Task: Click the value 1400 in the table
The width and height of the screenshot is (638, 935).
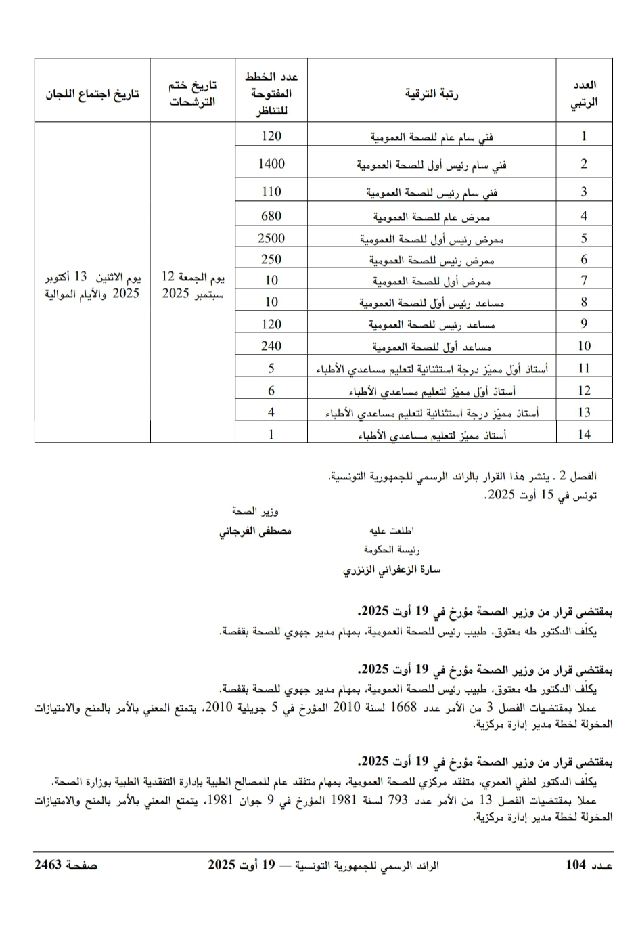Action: tap(271, 164)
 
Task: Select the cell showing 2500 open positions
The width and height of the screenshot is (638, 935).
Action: tap(271, 238)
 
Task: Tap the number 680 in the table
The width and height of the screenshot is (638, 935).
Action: tap(271, 216)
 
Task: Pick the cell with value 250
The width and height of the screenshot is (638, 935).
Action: tap(271, 259)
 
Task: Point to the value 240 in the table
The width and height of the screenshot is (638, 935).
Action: tap(271, 346)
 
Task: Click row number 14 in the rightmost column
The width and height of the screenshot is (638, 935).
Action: tap(584, 434)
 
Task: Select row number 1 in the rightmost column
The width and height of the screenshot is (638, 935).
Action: tap(584, 136)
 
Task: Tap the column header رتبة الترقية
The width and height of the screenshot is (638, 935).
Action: tap(432, 93)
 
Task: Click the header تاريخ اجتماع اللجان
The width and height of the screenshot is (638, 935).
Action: tap(92, 93)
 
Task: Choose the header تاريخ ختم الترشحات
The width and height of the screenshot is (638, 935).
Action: tap(193, 93)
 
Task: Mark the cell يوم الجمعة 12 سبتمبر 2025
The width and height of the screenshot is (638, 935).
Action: tap(193, 285)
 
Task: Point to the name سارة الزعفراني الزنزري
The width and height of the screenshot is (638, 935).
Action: tap(392, 569)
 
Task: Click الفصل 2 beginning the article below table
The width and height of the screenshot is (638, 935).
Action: tap(580, 477)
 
